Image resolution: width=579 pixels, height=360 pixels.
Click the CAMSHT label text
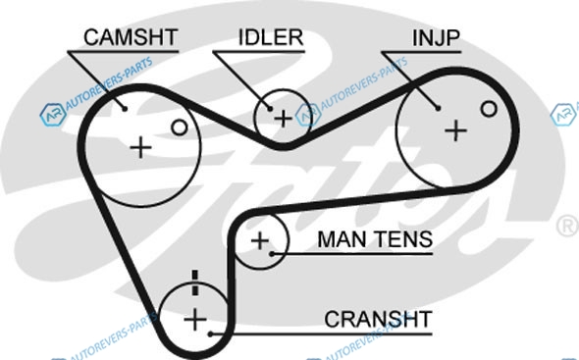click(x=131, y=37)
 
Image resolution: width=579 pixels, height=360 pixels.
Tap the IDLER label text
click(x=271, y=37)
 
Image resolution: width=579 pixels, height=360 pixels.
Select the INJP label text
click(x=436, y=37)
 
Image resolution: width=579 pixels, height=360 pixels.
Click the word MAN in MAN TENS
click(x=342, y=239)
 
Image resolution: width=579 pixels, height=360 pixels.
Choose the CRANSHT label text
click(x=378, y=319)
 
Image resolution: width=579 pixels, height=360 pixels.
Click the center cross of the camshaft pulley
click(x=140, y=148)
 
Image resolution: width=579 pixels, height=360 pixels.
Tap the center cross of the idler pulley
click(x=284, y=119)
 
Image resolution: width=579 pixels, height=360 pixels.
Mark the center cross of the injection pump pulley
click(x=455, y=130)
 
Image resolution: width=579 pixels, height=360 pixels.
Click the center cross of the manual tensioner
click(x=260, y=240)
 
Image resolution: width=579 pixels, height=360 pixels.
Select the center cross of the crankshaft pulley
click(x=195, y=320)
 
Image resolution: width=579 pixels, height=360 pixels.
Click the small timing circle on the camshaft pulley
click(x=180, y=128)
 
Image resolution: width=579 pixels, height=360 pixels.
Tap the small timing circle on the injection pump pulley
click(x=489, y=109)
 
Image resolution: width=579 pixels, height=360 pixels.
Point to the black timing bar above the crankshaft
click(x=195, y=283)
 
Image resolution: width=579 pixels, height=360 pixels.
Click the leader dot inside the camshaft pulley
click(x=125, y=109)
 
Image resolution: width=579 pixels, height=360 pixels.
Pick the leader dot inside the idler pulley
click(x=270, y=109)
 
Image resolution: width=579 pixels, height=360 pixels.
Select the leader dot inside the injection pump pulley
click(x=438, y=108)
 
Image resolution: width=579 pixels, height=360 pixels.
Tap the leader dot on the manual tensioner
click(x=272, y=254)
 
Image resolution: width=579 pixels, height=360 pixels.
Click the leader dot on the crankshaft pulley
click(x=210, y=334)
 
